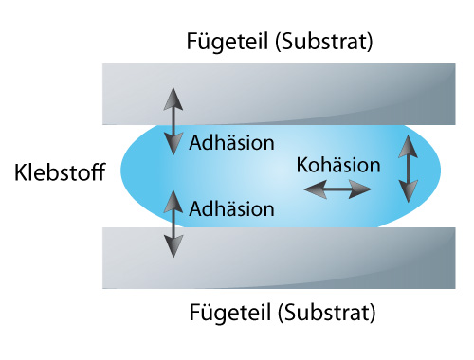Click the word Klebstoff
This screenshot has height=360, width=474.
click(x=60, y=172)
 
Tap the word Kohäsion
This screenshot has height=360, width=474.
click(x=338, y=165)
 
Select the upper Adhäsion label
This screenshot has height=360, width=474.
click(x=231, y=143)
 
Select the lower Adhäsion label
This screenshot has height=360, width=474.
click(x=231, y=208)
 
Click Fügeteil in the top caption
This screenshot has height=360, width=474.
click(x=228, y=42)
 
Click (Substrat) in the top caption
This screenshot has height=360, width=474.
click(x=324, y=42)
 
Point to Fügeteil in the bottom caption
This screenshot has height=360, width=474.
click(x=230, y=313)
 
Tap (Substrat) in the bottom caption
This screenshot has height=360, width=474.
click(x=327, y=313)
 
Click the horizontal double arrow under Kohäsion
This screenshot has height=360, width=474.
click(x=337, y=189)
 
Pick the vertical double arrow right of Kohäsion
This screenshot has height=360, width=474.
click(x=409, y=169)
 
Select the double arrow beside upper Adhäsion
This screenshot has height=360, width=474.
click(x=173, y=121)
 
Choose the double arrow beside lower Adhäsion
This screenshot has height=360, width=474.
click(x=173, y=224)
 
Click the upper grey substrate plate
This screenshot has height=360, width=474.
click(x=279, y=94)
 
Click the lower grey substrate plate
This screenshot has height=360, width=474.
click(x=279, y=258)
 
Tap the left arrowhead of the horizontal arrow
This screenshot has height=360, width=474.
click(x=315, y=189)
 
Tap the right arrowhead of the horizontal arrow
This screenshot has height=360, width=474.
click(x=360, y=189)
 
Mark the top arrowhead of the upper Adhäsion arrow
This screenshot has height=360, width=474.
click(x=173, y=99)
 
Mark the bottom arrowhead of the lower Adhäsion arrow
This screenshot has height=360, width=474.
click(x=173, y=246)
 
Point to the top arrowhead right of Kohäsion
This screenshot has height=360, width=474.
click(x=409, y=147)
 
